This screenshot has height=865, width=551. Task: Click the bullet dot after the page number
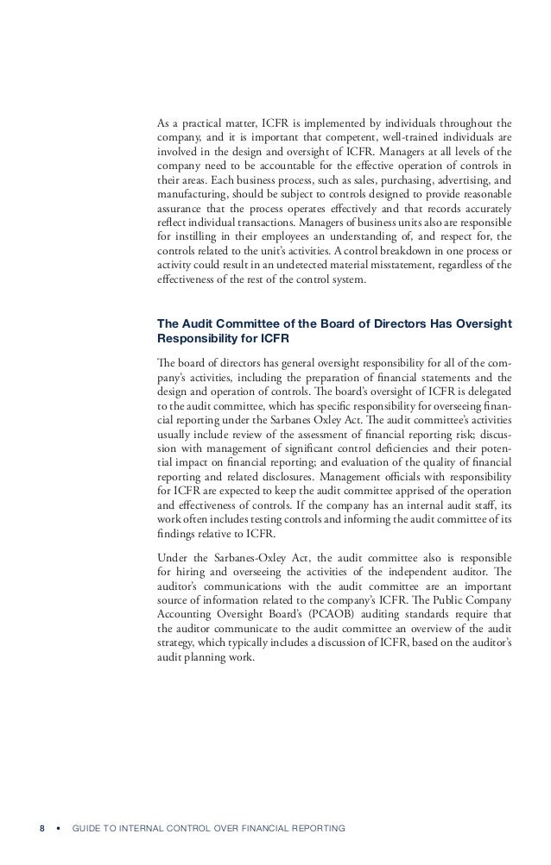[58, 829]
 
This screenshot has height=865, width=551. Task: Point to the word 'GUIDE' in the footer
[91, 829]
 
